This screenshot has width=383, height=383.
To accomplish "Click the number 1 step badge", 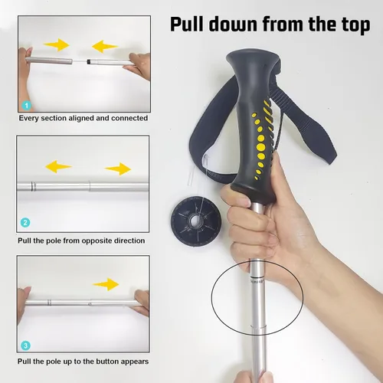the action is [26, 106].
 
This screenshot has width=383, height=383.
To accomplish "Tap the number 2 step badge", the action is [25, 223].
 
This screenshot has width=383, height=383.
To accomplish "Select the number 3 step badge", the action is [25, 345].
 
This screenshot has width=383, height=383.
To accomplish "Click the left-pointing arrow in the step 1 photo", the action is [105, 46].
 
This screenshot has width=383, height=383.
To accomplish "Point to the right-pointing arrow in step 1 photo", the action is [57, 44].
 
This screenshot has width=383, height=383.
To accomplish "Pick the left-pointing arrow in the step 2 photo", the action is [58, 166].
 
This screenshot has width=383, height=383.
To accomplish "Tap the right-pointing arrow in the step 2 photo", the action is [118, 169].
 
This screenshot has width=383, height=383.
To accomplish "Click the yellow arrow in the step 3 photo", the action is [106, 284].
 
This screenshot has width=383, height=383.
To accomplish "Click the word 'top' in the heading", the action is [355, 25].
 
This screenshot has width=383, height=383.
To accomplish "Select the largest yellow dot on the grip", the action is [261, 147].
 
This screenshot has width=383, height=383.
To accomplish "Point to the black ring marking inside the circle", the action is [257, 277].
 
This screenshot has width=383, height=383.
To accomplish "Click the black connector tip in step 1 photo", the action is [89, 62].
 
